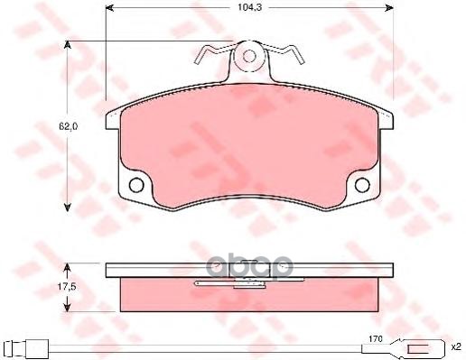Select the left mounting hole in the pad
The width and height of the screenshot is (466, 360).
pyautogui.click(x=137, y=187)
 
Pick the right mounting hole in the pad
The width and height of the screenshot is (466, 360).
pyautogui.click(x=361, y=187)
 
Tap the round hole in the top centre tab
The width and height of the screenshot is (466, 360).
pyautogui.click(x=250, y=58)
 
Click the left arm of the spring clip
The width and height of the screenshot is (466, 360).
pyautogui.click(x=210, y=55)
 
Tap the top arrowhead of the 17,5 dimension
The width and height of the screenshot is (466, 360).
pyautogui.click(x=68, y=266)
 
